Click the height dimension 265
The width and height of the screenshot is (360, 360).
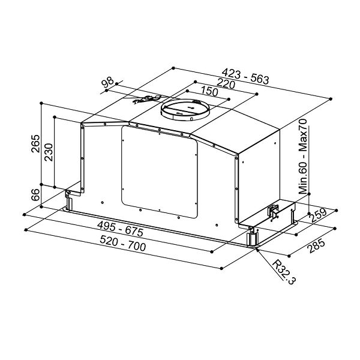click(x=35, y=145)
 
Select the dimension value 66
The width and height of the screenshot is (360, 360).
click(x=35, y=195)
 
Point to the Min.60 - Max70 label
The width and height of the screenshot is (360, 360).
click(x=303, y=157)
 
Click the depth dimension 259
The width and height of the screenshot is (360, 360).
click(x=318, y=214)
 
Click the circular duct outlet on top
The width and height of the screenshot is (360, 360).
click(x=185, y=110)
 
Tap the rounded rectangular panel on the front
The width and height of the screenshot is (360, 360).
click(x=159, y=171)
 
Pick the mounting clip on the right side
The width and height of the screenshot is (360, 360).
click(x=274, y=212)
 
